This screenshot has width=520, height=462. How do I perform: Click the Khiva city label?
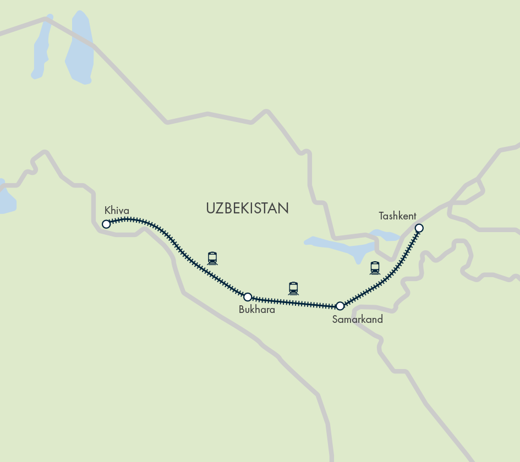click(x=117, y=210)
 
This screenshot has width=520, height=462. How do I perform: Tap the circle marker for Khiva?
click(x=106, y=224)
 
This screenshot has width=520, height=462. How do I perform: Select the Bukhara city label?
click(x=256, y=310)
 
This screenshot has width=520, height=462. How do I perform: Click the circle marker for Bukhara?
click(x=248, y=297)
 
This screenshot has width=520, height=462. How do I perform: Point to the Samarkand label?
click(x=357, y=319)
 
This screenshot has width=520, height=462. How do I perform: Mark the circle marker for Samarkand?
click(x=340, y=306)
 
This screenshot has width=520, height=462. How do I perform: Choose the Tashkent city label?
click(x=397, y=216)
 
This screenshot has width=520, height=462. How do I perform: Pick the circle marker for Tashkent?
click(x=419, y=228)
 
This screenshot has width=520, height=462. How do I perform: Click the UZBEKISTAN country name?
click(x=247, y=208)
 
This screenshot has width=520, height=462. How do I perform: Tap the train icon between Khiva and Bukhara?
click(x=212, y=258)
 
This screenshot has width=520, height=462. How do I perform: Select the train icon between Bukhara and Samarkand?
click(x=293, y=288)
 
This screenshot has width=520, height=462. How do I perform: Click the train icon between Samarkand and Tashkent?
click(x=375, y=268)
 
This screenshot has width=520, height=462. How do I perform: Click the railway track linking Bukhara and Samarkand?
click(x=294, y=301)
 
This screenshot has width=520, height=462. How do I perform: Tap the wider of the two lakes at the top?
click(x=78, y=50)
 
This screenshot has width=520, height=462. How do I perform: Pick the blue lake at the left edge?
click(x=6, y=198)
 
